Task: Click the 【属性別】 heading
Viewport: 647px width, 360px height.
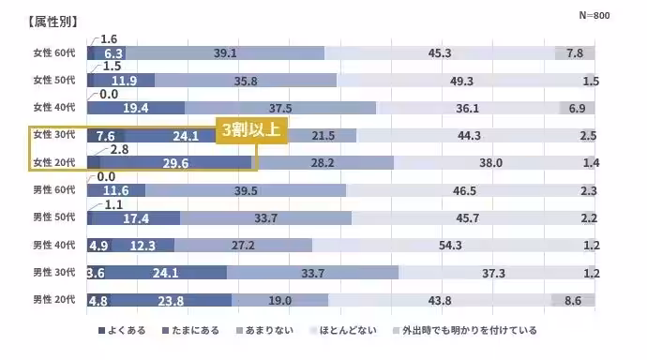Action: point(53,21)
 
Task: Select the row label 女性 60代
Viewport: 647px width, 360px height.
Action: point(55,53)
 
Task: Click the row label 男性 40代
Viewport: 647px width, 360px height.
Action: point(55,246)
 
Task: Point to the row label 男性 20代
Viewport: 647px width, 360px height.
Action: point(55,301)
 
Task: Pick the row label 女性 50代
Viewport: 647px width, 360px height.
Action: point(55,81)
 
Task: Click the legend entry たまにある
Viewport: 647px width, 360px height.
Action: point(194,331)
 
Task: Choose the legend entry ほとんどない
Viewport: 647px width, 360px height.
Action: point(344,331)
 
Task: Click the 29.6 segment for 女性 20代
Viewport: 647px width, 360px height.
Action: point(175,163)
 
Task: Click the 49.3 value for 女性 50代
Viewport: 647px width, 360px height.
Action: point(461,82)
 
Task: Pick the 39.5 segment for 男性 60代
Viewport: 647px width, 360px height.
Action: point(245,190)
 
